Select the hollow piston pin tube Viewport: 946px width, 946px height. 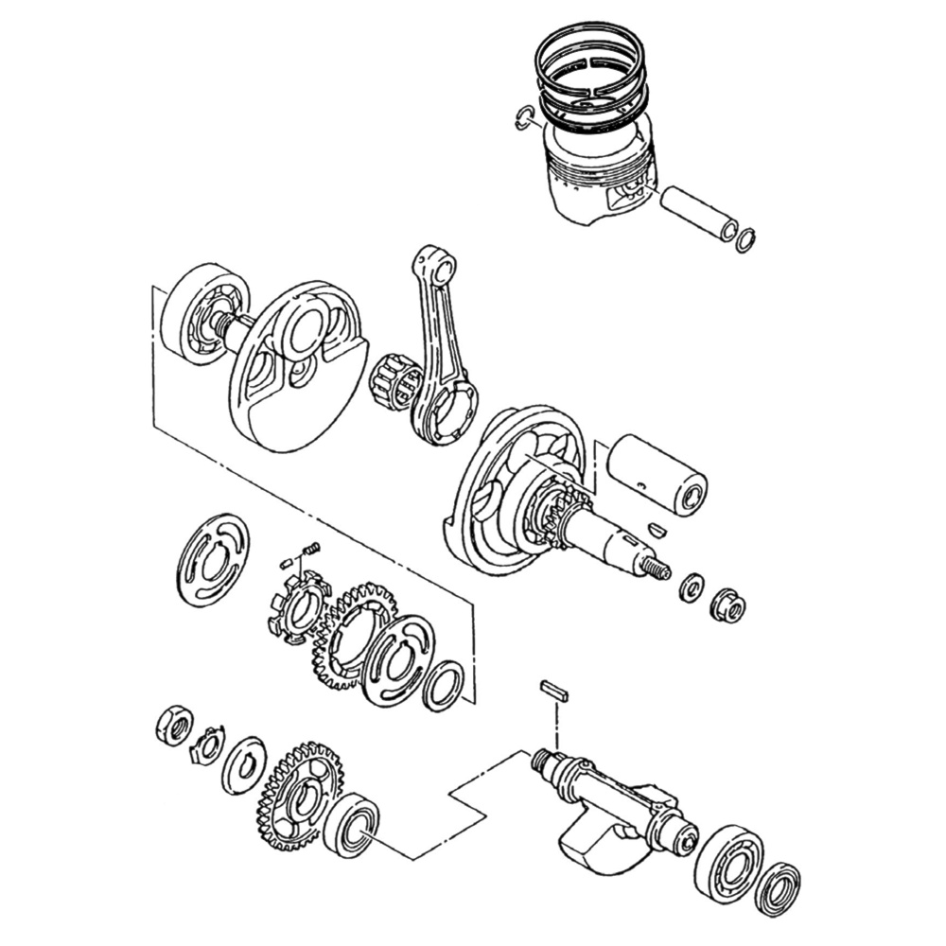(x=700, y=213)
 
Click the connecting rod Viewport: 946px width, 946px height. (x=440, y=341)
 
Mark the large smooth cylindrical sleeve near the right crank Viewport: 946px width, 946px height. (x=657, y=473)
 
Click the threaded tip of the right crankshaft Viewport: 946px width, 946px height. (x=656, y=569)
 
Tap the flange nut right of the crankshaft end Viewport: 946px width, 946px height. (x=727, y=604)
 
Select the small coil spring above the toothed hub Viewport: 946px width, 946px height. (x=311, y=549)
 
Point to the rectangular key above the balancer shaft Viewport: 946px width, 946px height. (x=554, y=690)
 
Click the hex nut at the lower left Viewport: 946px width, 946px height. (x=174, y=724)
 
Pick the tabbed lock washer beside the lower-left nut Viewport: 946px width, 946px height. (x=208, y=745)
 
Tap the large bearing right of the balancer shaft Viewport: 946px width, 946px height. (x=728, y=865)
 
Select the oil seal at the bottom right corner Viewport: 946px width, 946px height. (x=778, y=890)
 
